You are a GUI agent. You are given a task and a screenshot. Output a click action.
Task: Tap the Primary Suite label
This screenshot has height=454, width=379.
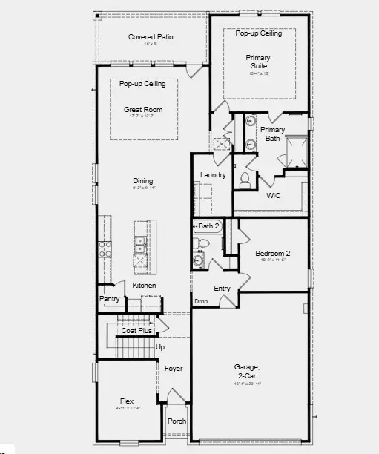258,62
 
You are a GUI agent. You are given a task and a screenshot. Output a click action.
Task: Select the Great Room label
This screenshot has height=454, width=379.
143,110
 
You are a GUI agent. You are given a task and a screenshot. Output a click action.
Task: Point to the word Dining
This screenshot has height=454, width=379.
143,180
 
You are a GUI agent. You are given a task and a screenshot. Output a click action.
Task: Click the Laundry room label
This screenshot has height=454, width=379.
213,175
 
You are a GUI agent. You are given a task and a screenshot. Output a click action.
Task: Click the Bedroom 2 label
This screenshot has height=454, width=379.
272,253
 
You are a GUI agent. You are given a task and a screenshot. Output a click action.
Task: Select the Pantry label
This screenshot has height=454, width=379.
109,299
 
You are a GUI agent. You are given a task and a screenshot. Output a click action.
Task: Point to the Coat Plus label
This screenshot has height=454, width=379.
136,330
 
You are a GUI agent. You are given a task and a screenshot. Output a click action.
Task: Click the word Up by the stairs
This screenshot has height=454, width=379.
160,346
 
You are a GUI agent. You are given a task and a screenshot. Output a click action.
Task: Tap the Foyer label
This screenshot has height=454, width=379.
173,369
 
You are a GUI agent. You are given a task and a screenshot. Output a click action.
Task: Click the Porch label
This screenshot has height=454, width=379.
177,421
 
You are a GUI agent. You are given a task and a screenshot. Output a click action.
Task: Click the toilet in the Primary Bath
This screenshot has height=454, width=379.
245,178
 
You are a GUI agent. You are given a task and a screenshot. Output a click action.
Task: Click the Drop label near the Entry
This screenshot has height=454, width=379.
201,301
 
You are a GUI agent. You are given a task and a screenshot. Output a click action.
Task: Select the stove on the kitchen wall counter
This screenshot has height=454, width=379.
105,249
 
